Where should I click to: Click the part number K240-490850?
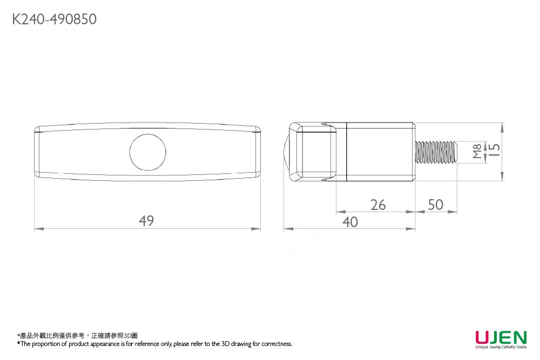click(x=54, y=20)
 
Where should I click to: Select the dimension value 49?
click(x=146, y=221)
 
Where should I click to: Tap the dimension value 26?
click(x=378, y=205)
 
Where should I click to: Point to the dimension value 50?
click(x=435, y=205)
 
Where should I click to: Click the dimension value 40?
click(x=350, y=222)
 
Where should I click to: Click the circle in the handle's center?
click(x=147, y=151)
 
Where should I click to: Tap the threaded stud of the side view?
click(x=436, y=152)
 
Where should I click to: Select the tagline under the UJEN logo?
click(x=501, y=348)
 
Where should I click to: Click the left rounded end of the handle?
click(x=37, y=152)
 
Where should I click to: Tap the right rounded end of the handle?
click(x=258, y=152)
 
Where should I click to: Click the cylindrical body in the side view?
click(x=380, y=152)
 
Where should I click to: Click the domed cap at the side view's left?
click(x=287, y=152)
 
